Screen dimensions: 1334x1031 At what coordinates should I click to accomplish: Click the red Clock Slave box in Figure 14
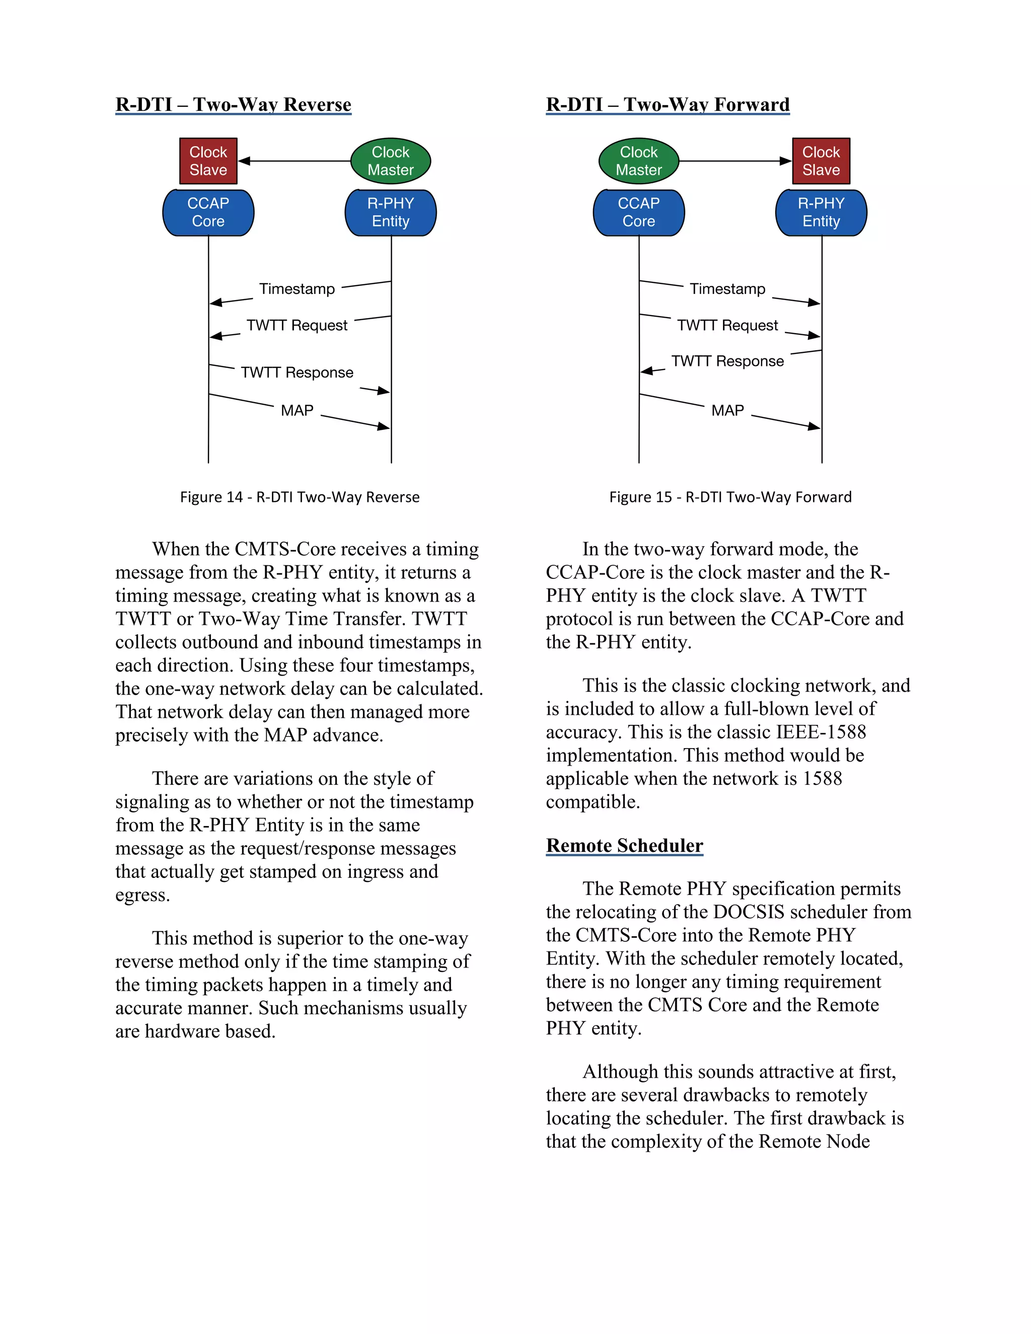tap(208, 161)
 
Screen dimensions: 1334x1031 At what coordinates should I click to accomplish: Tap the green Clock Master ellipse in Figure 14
tap(390, 161)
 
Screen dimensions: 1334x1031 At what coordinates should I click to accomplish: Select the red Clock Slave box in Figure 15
tap(821, 161)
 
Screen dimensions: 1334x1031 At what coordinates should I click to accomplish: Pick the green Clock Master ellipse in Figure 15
tap(639, 161)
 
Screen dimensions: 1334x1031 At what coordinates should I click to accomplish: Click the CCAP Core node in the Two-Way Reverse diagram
tap(208, 212)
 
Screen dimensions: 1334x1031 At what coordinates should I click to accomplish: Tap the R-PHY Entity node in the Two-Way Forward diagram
tap(821, 212)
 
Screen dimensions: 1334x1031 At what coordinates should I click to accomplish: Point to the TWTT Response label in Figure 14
tap(297, 373)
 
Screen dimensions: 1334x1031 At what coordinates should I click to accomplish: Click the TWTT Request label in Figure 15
tap(727, 325)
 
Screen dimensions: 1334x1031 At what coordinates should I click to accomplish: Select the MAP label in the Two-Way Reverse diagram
tap(297, 410)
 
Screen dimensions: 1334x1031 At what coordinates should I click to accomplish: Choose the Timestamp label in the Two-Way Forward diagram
tap(727, 289)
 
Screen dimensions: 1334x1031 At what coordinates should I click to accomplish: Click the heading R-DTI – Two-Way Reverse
tap(233, 104)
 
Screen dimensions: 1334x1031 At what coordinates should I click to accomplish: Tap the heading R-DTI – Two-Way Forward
tap(668, 104)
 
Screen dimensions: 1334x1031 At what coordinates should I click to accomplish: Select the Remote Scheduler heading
tap(624, 845)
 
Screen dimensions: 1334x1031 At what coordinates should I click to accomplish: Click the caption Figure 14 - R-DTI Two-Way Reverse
tap(300, 497)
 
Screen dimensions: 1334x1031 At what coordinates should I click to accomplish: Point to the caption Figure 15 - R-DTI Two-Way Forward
tap(730, 497)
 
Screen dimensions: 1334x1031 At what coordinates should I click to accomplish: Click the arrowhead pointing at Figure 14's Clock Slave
tap(244, 161)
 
